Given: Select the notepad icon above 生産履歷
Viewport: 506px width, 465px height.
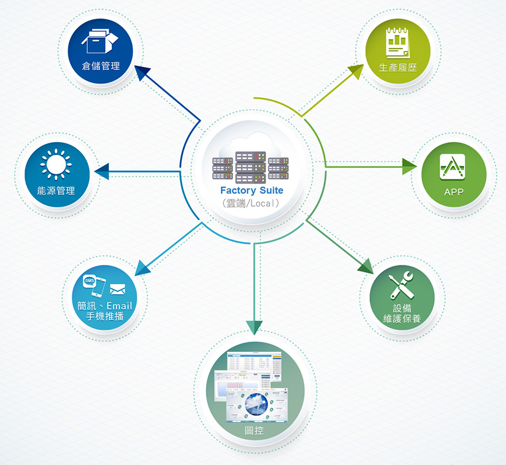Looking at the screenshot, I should coord(397,44).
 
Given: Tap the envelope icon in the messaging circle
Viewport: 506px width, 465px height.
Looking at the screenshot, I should coord(118,289).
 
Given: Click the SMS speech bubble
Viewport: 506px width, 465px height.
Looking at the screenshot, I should coord(90,281).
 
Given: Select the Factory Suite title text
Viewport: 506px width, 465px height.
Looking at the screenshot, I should coord(251,190).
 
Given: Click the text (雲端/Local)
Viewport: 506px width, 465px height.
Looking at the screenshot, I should coord(251,203).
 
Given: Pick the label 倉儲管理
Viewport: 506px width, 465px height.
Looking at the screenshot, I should coord(100,66).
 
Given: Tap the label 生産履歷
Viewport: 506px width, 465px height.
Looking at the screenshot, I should coord(398,68).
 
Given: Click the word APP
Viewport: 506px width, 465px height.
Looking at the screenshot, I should coord(454,192).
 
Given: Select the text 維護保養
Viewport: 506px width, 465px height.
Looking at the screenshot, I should coord(402,318).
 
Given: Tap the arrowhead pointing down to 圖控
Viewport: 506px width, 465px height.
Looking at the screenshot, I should coord(256,327).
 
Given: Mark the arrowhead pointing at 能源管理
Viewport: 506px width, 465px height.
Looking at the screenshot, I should coord(101,171).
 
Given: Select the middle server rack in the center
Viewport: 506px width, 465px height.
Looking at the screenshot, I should coord(251,167).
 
